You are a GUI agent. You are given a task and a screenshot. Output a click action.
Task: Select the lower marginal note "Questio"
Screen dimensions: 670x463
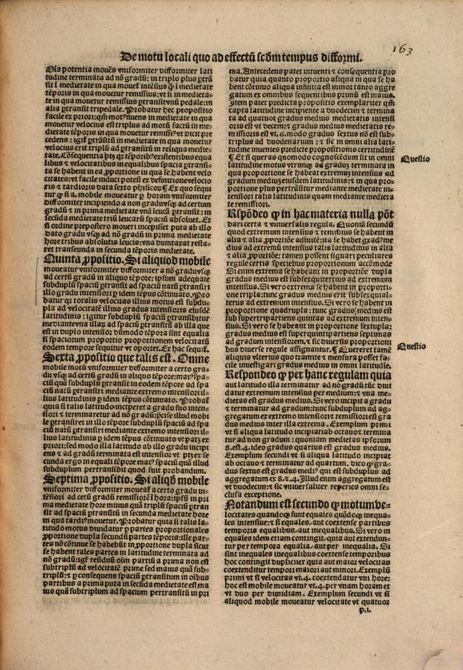click(411, 345)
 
